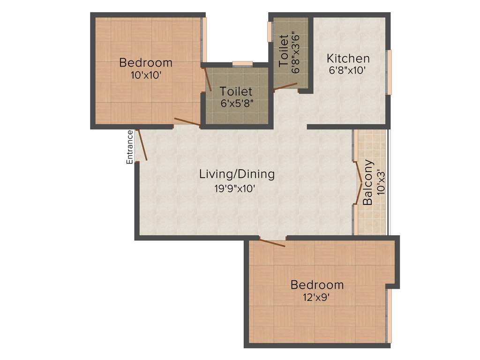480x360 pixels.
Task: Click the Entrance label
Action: [x=130, y=147]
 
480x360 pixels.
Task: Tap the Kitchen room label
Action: [x=348, y=59]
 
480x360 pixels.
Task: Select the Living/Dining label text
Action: [x=237, y=174]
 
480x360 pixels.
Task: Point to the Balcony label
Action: [x=368, y=183]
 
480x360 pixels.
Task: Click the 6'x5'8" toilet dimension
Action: [x=236, y=103]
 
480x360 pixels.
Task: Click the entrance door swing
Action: [x=142, y=145]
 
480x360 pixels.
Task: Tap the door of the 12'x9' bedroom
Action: [x=272, y=243]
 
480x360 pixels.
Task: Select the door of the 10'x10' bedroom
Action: [x=187, y=122]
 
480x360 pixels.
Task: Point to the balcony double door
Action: [x=359, y=182]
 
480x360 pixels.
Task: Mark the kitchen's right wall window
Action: [x=388, y=73]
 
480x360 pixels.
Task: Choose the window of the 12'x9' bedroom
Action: [x=389, y=316]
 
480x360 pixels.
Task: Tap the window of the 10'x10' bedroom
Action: [x=204, y=40]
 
